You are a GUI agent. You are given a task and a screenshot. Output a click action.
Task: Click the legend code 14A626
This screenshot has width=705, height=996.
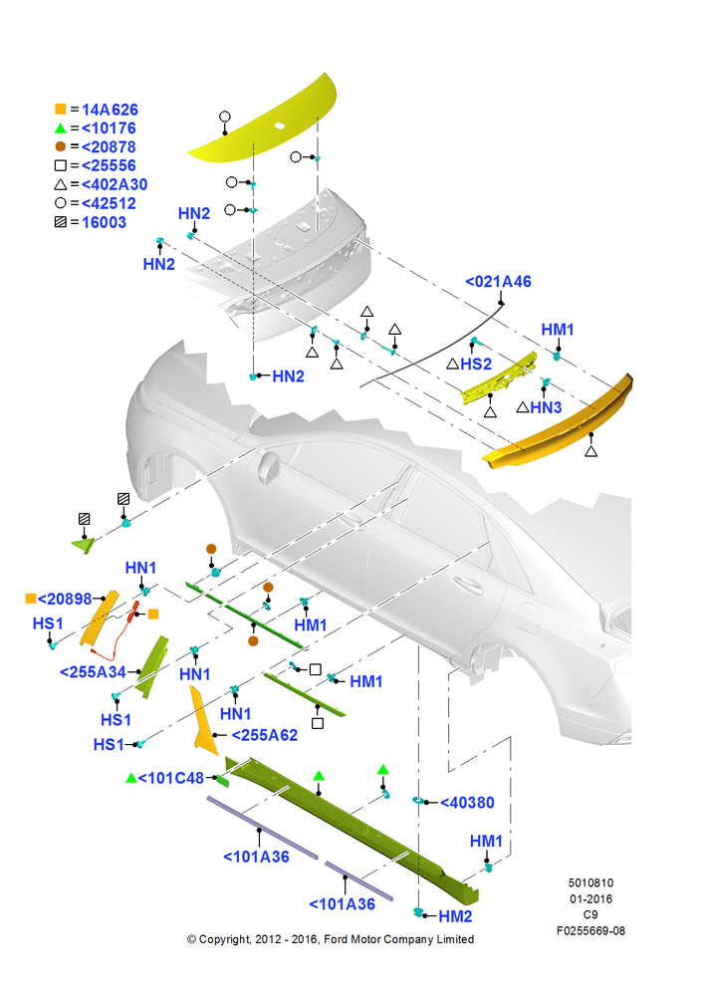110,110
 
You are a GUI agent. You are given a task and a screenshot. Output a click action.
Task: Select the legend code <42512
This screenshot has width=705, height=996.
109,204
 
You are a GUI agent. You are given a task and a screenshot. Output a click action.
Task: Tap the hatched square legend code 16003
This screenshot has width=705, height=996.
105,222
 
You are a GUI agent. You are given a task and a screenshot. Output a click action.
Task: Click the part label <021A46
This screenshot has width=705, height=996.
498,282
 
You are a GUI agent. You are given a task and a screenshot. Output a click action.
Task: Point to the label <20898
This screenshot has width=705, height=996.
65,599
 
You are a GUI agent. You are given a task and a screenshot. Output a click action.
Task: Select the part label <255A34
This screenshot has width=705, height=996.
93,672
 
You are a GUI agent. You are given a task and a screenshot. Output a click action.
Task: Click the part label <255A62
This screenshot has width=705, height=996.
264,735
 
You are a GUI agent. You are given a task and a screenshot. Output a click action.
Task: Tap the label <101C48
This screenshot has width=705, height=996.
171,778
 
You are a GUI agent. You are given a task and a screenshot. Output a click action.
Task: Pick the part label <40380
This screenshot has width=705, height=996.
467,803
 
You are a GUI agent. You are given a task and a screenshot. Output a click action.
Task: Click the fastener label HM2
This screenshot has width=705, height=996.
455,916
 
